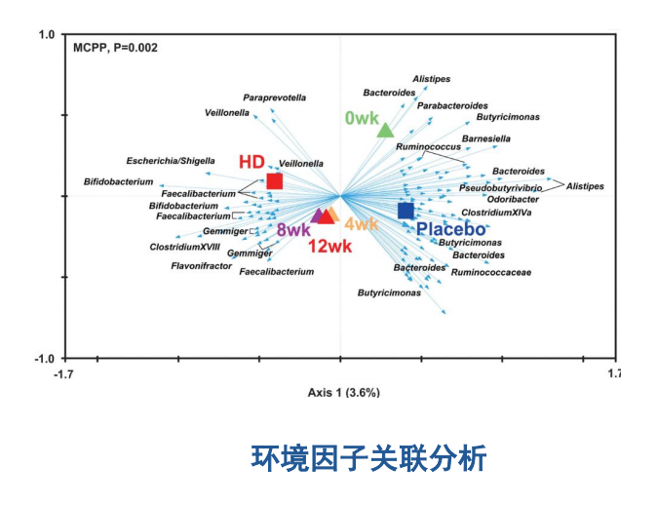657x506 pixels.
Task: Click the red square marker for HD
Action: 275,181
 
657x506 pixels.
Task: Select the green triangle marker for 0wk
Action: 385,131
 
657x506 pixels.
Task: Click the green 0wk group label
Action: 361,118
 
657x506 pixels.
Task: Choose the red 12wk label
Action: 329,247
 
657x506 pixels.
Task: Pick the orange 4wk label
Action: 361,225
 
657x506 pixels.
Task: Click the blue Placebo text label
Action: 451,229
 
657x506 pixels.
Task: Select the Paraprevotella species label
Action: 274,97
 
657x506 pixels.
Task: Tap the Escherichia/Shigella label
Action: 171,161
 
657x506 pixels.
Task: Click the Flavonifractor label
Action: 201,265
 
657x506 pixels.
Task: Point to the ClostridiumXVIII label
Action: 184,248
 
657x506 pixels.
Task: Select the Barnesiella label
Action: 485,139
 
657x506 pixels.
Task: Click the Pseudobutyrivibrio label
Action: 501,187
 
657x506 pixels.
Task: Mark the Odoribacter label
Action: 513,199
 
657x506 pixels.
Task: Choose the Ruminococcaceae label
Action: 490,273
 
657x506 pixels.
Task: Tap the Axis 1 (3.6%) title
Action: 343,393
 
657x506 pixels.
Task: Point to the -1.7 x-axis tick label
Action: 65,373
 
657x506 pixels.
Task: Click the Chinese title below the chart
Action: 367,457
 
